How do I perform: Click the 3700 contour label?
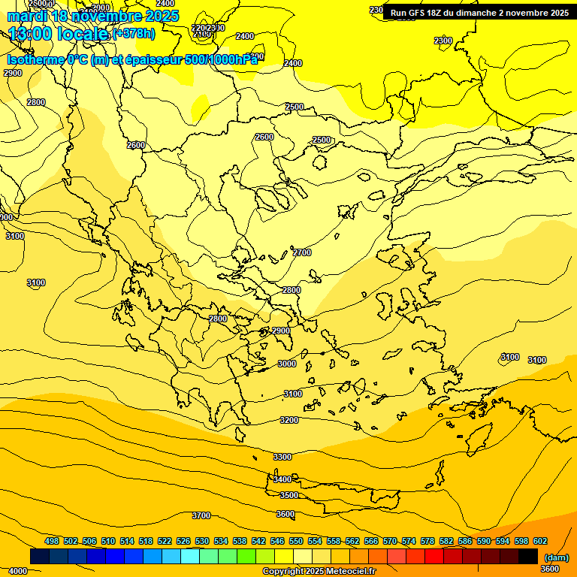[x=201, y=515]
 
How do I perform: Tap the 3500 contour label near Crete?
[x=289, y=495]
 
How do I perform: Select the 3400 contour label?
[x=282, y=479]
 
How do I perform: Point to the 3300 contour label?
[x=282, y=457]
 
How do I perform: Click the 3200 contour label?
[x=289, y=420]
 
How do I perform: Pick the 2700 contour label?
[x=302, y=252]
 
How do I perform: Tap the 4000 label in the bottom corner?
[x=17, y=571]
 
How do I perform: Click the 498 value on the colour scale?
[x=52, y=541]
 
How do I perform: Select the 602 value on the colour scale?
[x=539, y=541]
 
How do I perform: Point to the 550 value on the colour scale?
[x=296, y=541]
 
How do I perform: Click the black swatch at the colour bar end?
[x=528, y=556]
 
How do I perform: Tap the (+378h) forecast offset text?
[x=134, y=33]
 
